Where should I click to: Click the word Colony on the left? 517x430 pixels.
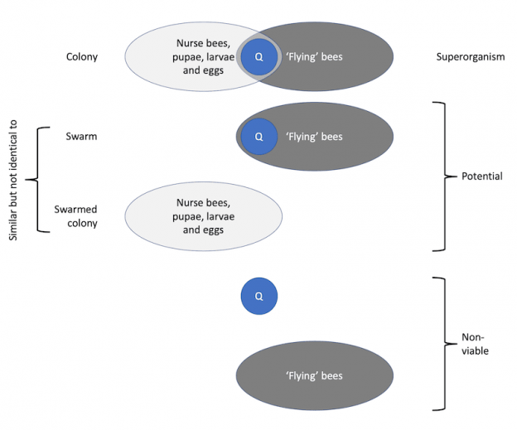point(82,57)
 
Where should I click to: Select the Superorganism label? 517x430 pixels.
point(470,57)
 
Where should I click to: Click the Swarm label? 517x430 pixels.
point(82,136)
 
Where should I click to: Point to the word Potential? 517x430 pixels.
point(481,176)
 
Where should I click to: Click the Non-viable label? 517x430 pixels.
point(475,344)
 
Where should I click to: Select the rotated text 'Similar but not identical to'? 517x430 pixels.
point(13,178)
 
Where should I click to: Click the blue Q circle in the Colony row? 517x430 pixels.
point(259,57)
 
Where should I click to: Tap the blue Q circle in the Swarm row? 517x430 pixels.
point(259,136)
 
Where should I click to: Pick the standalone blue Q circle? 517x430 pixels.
point(259,296)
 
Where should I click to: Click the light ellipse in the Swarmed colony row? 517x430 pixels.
point(157,216)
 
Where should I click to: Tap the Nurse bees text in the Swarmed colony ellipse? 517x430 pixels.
point(203,216)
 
